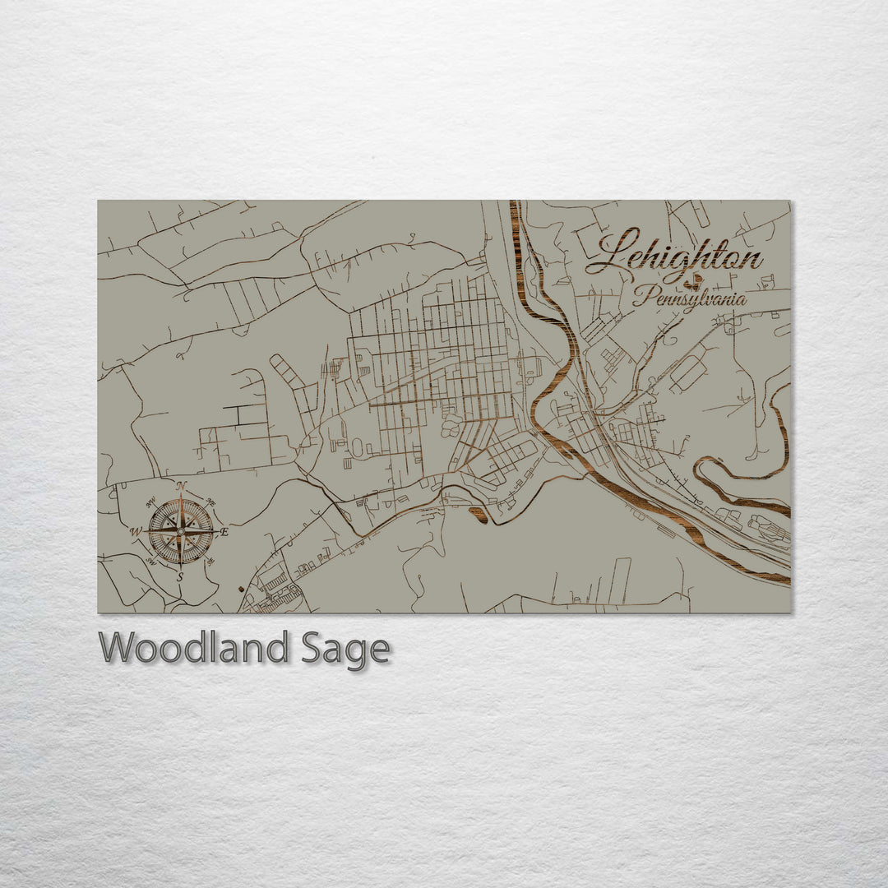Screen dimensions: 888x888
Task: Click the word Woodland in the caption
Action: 193,648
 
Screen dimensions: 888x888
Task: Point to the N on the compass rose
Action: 182,486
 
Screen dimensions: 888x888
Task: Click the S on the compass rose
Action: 180,577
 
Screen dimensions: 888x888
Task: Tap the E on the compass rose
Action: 224,532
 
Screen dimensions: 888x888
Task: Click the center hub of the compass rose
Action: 181,531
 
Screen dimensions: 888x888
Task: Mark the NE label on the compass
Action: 210,502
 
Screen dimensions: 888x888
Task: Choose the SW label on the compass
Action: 151,562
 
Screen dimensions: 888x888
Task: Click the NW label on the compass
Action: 150,503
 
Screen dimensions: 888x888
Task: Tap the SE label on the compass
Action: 210,562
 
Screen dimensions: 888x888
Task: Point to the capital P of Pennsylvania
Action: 642,296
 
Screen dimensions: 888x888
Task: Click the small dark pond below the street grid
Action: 479,516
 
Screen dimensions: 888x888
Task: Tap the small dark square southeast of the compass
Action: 239,589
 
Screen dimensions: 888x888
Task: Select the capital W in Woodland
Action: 117,648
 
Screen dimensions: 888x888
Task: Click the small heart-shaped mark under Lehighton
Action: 696,280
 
